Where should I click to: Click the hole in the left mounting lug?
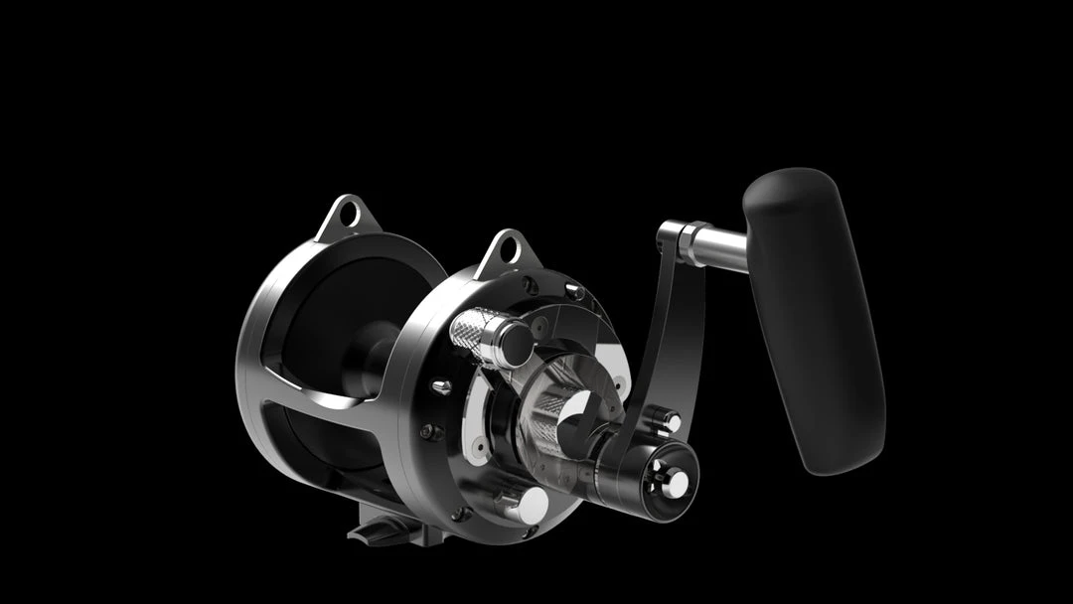click(347, 212)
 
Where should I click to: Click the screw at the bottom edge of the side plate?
click(459, 514)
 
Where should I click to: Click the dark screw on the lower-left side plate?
click(428, 432)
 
